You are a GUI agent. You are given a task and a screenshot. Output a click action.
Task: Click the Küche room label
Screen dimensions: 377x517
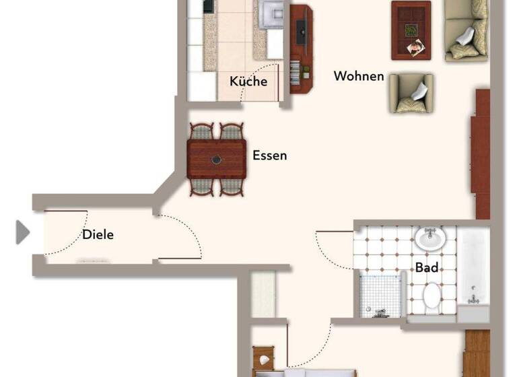(248, 81)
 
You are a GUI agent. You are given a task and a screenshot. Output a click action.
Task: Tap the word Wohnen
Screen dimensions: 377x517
(359, 76)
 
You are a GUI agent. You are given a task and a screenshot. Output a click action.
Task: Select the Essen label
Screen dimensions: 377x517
(269, 156)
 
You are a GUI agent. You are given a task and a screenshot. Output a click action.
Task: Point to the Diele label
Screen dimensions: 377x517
(98, 235)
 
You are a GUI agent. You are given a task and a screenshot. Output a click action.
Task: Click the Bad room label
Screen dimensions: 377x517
(426, 267)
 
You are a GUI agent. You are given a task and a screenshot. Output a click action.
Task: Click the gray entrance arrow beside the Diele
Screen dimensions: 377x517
(23, 232)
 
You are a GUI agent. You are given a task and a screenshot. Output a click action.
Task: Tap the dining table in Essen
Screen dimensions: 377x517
(217, 160)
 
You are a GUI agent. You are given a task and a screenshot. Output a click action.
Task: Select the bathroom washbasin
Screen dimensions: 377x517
(429, 238)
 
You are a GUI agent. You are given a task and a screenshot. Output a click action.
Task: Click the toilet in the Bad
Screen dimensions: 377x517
(432, 295)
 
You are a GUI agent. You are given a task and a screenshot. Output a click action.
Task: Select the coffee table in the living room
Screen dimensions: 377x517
(411, 30)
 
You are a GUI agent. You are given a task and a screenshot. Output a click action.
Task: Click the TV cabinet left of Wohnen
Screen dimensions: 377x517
(301, 48)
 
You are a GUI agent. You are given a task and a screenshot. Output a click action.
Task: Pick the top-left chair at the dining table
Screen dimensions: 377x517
(201, 131)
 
